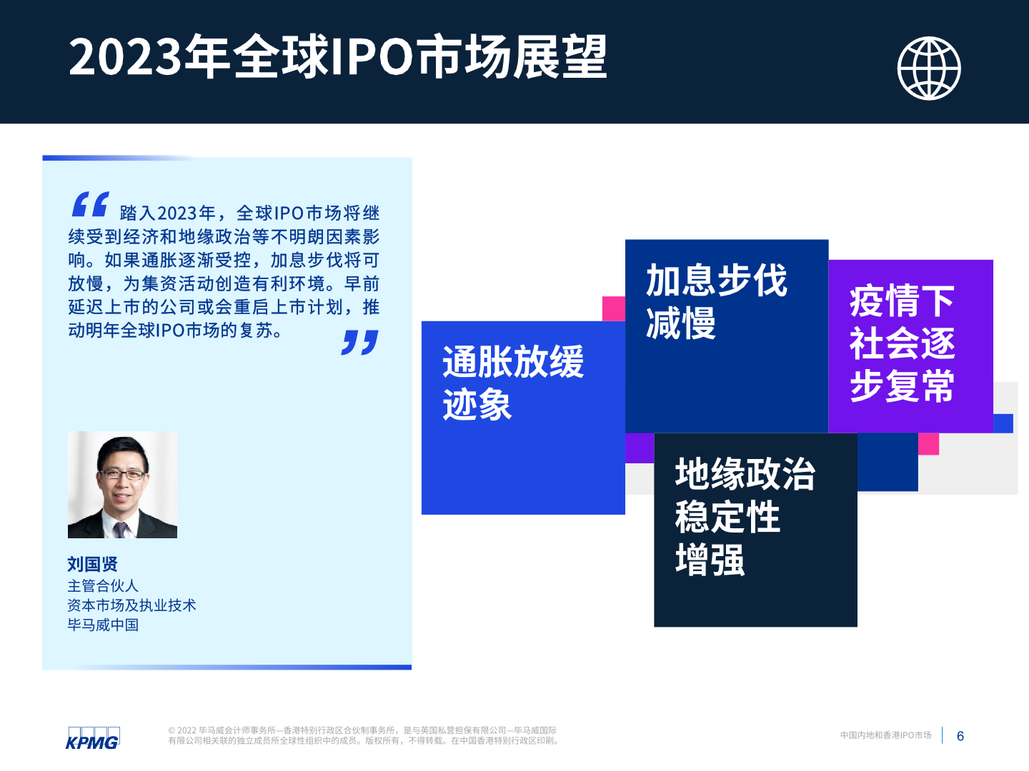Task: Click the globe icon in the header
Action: pyautogui.click(x=929, y=69)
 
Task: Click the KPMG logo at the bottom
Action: pyautogui.click(x=93, y=738)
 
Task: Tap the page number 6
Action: pyautogui.click(x=960, y=736)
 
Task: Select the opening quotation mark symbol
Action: pyautogui.click(x=91, y=204)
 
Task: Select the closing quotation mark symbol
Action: pyautogui.click(x=359, y=342)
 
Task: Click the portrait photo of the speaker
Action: pyautogui.click(x=122, y=485)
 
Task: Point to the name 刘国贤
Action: pyautogui.click(x=92, y=564)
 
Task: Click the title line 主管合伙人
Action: pyautogui.click(x=103, y=585)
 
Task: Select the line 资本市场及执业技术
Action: pyautogui.click(x=131, y=605)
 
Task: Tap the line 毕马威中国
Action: pyautogui.click(x=103, y=625)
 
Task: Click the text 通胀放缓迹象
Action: pyautogui.click(x=513, y=383)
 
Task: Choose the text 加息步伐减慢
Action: pyautogui.click(x=716, y=301)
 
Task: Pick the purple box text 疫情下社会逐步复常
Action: pyautogui.click(x=902, y=343)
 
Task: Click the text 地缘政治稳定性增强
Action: pyautogui.click(x=745, y=516)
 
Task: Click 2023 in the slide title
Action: pyautogui.click(x=125, y=56)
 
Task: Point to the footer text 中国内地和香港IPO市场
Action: pyautogui.click(x=885, y=735)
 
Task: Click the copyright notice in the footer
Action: pyautogui.click(x=363, y=735)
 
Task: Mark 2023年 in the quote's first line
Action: pyautogui.click(x=186, y=213)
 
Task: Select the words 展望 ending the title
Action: pyautogui.click(x=560, y=56)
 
